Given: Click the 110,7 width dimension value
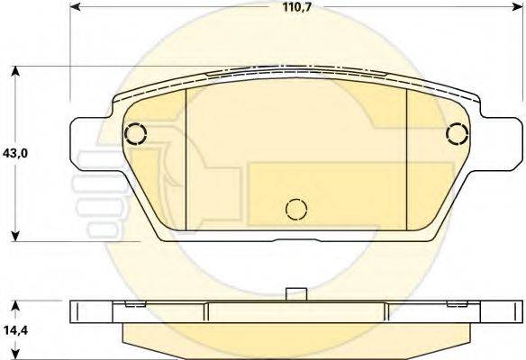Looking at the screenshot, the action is [x=297, y=7].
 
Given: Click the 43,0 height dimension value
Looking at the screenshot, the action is [x=15, y=154].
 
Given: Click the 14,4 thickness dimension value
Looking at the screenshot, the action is [x=15, y=330].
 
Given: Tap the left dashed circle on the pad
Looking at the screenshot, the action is [x=135, y=134].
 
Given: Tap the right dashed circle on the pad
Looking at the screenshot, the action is [x=458, y=134].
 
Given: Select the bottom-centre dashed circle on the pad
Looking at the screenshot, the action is [x=296, y=209].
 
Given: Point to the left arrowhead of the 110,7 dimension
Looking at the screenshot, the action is [x=75, y=6].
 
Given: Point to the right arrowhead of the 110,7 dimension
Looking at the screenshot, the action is [x=518, y=6].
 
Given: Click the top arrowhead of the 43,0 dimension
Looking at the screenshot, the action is [x=15, y=72].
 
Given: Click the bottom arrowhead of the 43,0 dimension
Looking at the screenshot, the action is [x=15, y=236].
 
